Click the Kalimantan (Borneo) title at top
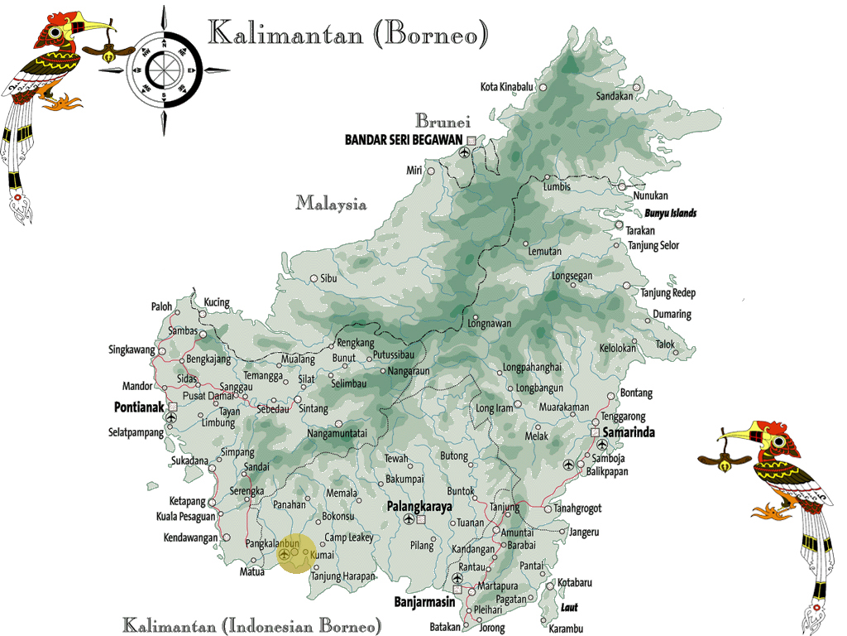pos(347,35)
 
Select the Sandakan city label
pos(615,97)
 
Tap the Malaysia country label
pos(331,203)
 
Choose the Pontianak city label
pos(139,407)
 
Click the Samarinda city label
pos(633,433)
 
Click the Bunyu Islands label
pos(671,214)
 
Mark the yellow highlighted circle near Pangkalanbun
pos(296,553)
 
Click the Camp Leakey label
pos(348,538)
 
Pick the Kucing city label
pos(216,303)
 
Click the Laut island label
pos(570,608)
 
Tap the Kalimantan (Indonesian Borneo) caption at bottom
pos(252,624)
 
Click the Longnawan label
pos(490,324)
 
